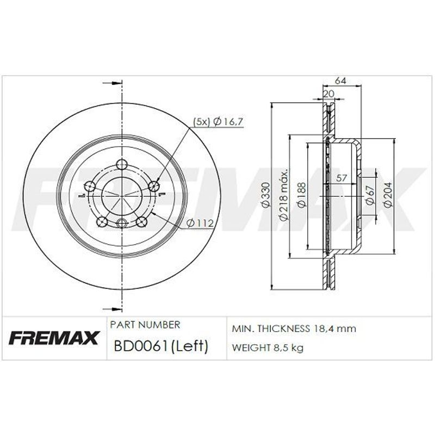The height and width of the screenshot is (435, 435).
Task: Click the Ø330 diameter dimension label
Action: (x=266, y=195)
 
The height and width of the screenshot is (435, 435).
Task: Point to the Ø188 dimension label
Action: (x=301, y=195)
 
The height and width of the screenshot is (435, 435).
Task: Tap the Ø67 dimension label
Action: (x=370, y=196)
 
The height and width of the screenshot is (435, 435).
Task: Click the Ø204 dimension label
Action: (x=388, y=195)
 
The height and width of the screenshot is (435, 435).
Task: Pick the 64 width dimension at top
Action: (x=340, y=80)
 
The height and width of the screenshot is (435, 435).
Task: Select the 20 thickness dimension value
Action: (x=329, y=94)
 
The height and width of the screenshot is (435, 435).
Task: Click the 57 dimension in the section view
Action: (x=341, y=178)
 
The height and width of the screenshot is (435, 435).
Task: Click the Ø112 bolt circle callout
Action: (x=200, y=223)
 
